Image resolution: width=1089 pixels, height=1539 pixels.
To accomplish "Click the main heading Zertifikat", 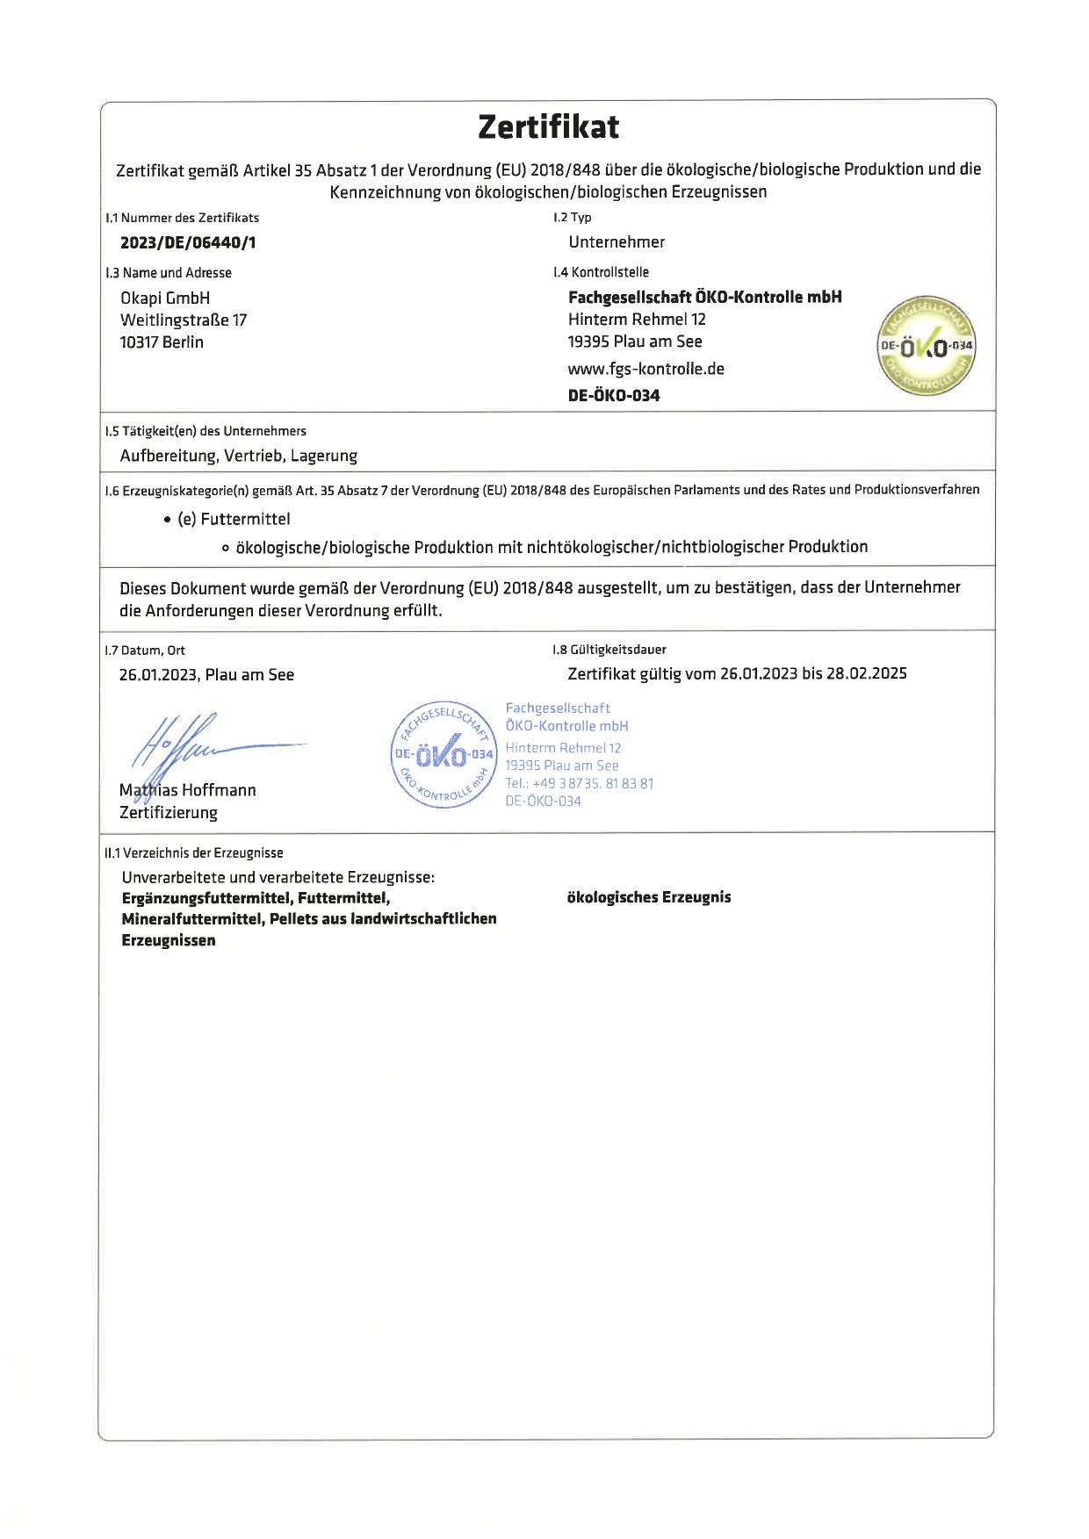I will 548,127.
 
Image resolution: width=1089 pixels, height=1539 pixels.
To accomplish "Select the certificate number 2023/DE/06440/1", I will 188,243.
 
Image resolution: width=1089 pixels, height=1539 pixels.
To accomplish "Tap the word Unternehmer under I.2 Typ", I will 617,242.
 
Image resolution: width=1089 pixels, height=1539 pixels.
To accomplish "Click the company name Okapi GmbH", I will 165,298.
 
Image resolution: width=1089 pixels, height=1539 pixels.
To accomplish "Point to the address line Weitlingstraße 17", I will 184,320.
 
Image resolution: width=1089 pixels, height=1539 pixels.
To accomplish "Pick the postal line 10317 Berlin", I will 162,342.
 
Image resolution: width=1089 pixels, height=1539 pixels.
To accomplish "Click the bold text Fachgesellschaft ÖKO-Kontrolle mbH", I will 704,298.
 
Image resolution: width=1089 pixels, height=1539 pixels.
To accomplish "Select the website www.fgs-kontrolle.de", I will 645,369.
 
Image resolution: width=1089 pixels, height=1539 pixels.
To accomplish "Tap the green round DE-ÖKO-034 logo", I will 927,345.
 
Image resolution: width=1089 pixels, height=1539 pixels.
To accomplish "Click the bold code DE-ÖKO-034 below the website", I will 614,395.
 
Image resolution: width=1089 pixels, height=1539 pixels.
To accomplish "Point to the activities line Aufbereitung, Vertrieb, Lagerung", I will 239,456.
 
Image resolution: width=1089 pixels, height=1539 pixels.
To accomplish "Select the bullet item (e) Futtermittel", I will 234,519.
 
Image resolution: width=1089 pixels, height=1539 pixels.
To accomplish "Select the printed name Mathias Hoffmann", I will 188,790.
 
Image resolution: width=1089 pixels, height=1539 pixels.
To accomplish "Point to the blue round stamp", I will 443,755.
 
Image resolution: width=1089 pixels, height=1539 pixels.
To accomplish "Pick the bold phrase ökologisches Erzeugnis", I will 649,897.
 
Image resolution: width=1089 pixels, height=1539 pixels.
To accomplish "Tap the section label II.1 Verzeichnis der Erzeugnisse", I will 194,852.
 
